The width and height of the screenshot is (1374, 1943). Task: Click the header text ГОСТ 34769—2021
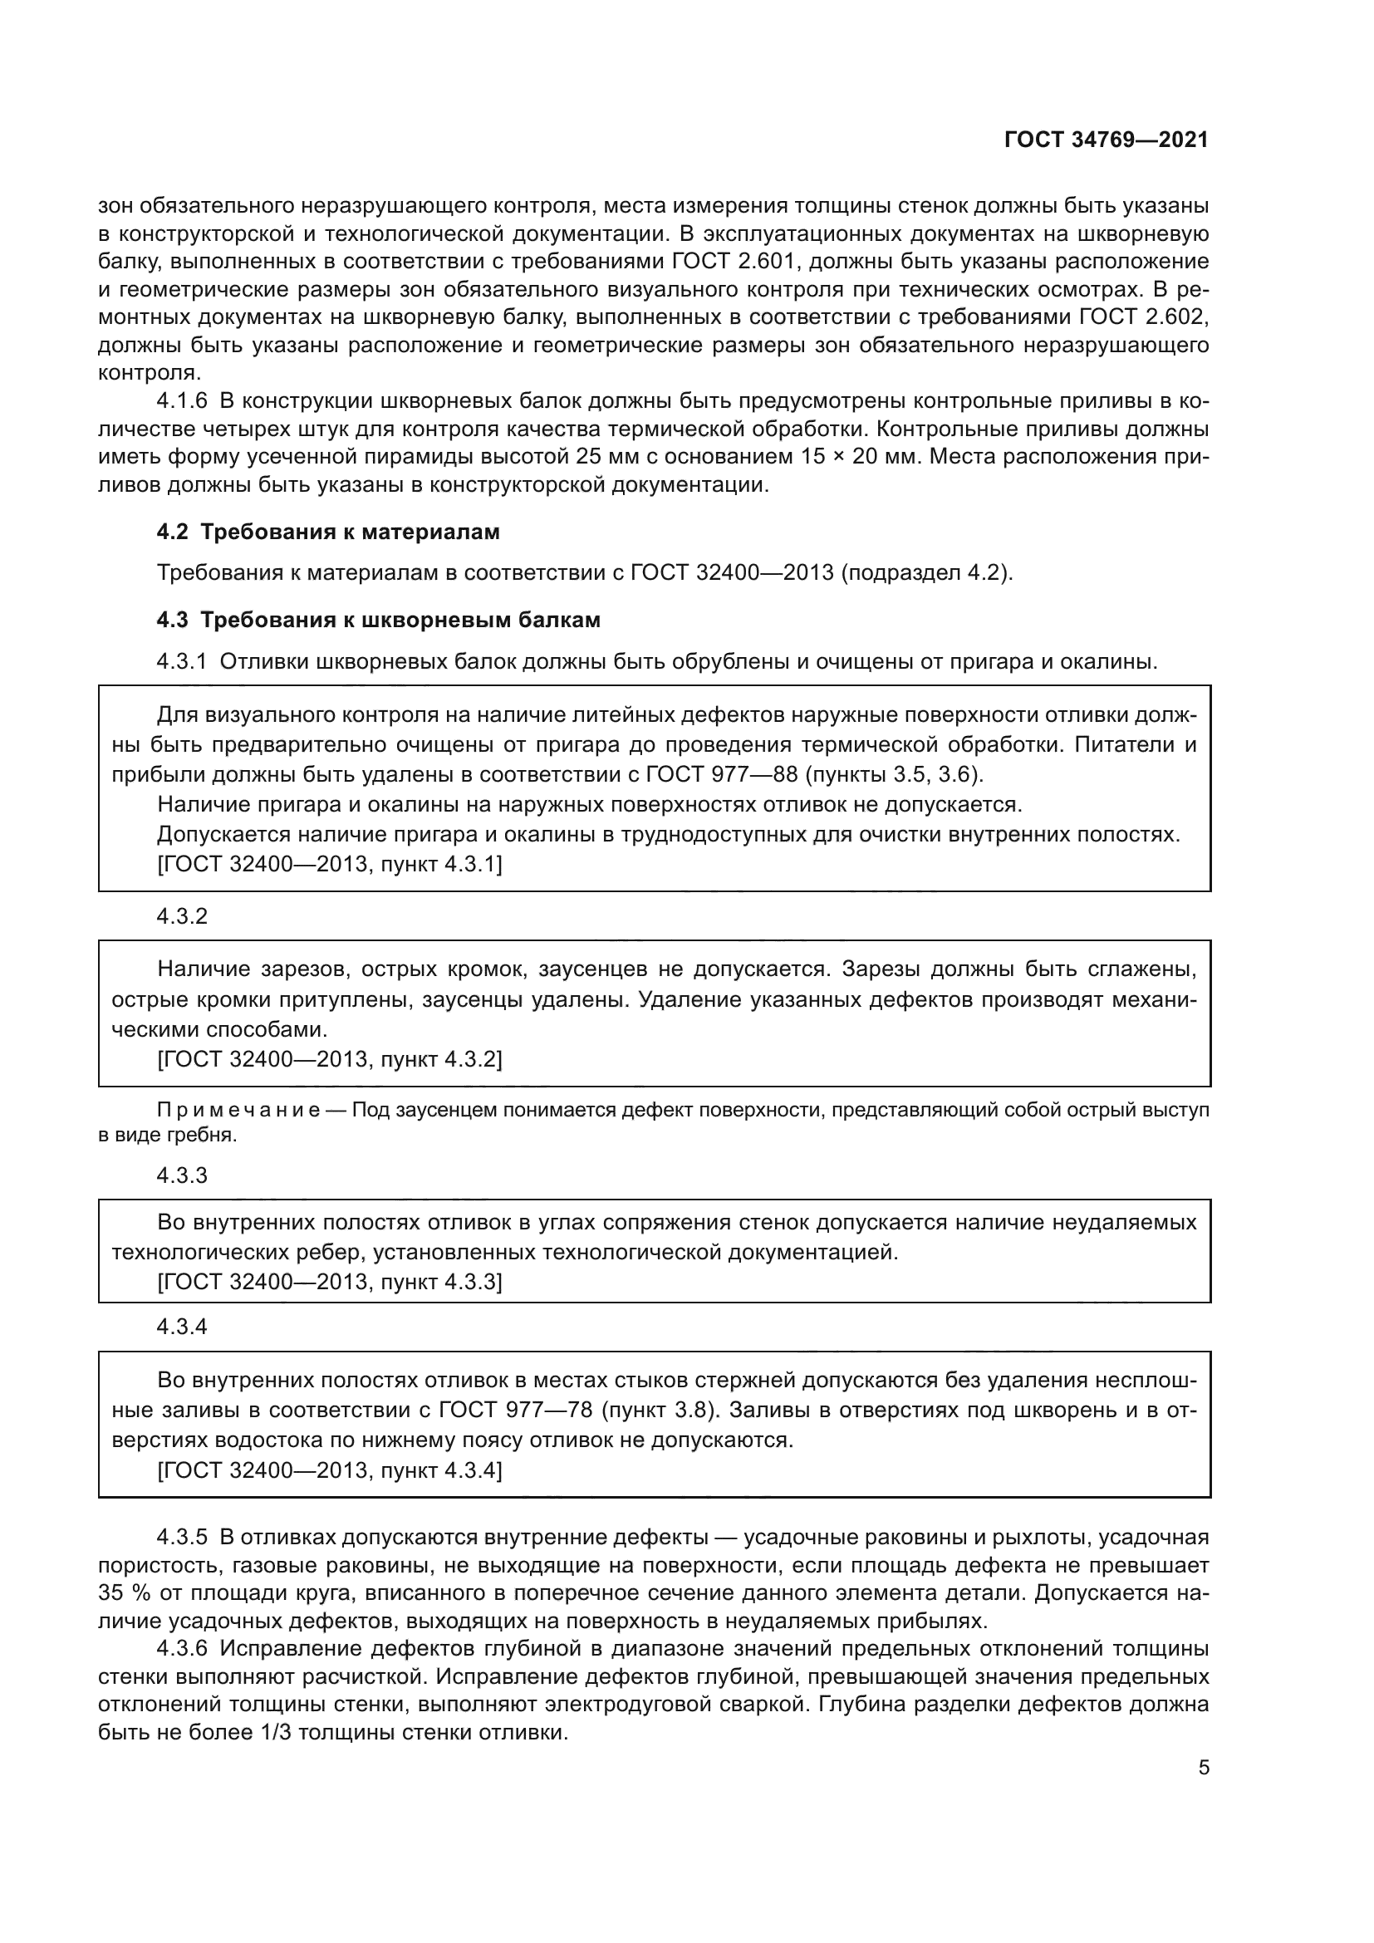point(1106,140)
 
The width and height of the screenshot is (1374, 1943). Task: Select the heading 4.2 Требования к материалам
point(328,532)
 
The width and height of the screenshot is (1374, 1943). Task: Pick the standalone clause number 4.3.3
point(182,1175)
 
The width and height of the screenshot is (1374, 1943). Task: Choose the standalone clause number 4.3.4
point(182,1326)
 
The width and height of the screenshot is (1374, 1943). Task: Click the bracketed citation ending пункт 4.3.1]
point(330,864)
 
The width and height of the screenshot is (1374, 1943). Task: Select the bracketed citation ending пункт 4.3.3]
point(330,1282)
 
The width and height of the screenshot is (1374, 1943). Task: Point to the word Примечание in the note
point(238,1111)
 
